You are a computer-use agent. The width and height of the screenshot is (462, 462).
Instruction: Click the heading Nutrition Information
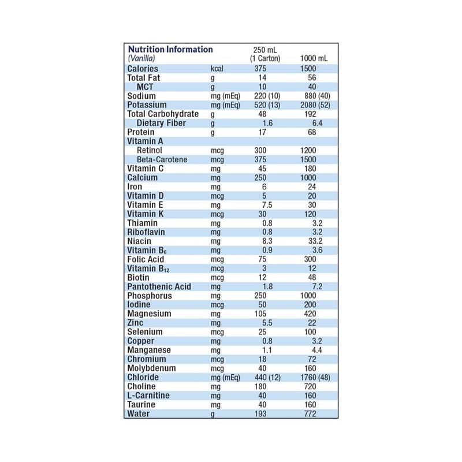(170, 50)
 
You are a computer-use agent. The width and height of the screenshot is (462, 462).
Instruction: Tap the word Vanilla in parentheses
(141, 59)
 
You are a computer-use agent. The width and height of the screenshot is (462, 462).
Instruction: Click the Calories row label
(142, 69)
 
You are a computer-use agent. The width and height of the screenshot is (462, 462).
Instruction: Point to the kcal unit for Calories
(217, 69)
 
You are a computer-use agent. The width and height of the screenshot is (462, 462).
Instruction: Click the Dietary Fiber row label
(161, 123)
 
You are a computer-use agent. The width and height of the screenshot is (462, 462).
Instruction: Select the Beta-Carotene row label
(162, 159)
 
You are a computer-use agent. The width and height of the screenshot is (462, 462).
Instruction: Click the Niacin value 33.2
(315, 241)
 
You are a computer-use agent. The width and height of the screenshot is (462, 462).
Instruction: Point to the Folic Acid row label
(146, 259)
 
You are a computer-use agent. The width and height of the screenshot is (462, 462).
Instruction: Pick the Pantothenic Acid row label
(159, 286)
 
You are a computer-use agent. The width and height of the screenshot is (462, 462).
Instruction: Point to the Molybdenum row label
(151, 368)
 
